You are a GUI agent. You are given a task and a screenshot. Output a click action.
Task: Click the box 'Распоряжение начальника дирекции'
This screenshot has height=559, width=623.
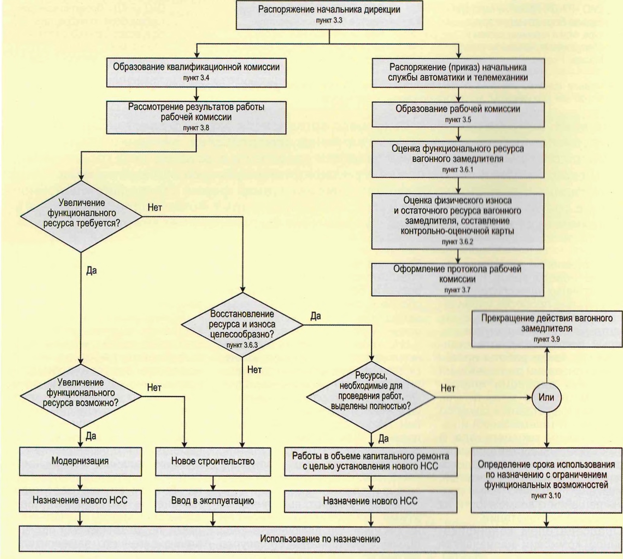point(329,14)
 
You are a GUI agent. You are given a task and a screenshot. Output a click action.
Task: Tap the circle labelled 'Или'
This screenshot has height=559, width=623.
point(546,397)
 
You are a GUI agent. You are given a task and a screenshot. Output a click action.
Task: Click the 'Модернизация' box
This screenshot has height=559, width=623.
point(80,461)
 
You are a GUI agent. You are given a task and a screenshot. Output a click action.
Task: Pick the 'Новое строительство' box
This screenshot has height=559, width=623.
point(213,461)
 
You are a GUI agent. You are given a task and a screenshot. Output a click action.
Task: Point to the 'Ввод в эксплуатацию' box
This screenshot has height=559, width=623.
point(212,501)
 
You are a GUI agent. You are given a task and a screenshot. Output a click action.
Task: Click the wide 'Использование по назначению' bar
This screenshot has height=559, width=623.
point(320,539)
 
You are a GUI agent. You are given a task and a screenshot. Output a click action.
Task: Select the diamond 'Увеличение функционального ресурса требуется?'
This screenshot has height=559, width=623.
point(81,216)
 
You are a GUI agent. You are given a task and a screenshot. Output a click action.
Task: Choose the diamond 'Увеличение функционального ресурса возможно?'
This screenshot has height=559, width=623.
point(81,396)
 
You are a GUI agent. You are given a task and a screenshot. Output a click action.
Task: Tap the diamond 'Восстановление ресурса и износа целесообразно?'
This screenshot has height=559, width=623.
point(242,325)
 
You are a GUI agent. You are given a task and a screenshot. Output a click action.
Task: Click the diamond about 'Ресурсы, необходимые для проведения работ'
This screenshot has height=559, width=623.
point(371,397)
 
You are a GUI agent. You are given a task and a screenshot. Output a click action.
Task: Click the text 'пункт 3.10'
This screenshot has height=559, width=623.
point(546,496)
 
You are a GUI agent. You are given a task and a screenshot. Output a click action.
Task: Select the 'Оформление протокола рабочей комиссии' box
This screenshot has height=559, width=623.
point(457,279)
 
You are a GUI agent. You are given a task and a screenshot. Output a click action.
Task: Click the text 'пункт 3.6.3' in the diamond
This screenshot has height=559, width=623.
point(242,345)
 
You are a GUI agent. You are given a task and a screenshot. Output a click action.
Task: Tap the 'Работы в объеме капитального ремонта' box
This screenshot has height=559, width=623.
point(370,461)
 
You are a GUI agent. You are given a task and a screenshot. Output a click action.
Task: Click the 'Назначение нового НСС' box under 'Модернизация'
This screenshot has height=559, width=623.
point(80,501)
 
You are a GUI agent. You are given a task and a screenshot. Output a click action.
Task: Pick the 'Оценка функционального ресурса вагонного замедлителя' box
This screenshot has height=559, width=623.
point(458,159)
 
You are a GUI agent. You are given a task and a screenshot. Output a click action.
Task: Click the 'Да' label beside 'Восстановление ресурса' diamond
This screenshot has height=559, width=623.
point(316,316)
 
